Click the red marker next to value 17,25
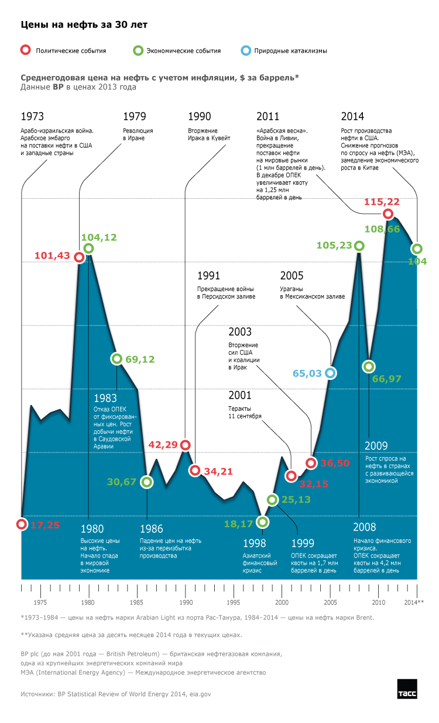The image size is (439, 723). click(x=22, y=524)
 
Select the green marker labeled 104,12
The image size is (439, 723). click(x=88, y=248)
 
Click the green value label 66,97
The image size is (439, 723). click(x=386, y=379)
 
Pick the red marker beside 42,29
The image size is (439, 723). click(x=186, y=445)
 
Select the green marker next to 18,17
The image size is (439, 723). click(x=263, y=521)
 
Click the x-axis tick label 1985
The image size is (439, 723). click(x=136, y=602)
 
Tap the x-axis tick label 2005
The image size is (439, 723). click(x=330, y=602)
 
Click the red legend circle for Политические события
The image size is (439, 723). click(x=25, y=50)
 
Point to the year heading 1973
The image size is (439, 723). click(x=32, y=116)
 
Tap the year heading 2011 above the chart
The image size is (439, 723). click(x=268, y=116)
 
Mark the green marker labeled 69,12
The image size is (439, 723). click(x=116, y=359)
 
